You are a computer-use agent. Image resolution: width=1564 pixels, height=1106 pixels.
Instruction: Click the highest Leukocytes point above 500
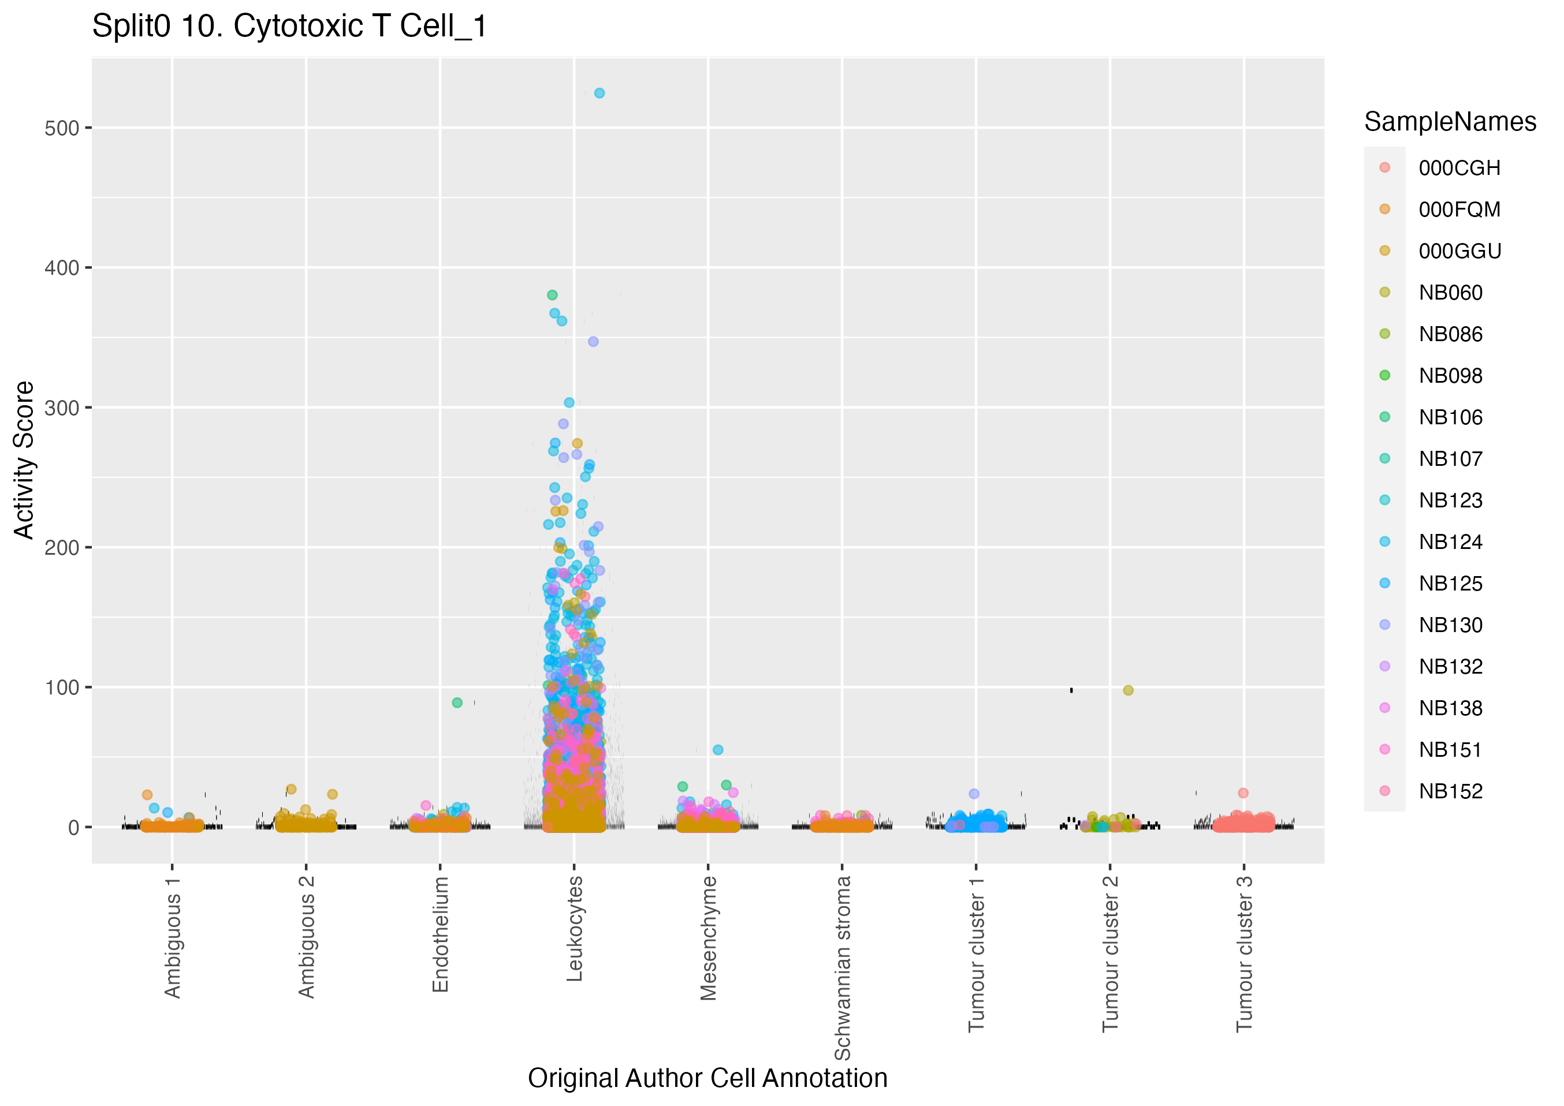point(599,94)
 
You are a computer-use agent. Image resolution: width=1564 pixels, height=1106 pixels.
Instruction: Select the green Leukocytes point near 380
point(553,295)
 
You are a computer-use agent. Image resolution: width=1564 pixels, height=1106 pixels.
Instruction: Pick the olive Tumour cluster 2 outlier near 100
point(1128,690)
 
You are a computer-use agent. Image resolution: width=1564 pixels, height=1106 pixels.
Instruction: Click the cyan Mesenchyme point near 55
point(718,750)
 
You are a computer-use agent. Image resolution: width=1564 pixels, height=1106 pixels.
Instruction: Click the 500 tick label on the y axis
point(61,128)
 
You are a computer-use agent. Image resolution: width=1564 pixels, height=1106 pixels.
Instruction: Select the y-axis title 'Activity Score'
point(24,461)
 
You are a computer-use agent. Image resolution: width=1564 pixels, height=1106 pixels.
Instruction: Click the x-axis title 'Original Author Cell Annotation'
point(707,1078)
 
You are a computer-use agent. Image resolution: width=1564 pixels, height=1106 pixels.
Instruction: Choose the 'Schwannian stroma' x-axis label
point(843,967)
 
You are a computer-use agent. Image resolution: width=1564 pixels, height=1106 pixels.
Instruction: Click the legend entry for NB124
point(1450,542)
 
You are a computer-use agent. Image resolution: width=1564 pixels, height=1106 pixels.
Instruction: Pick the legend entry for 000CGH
point(1459,168)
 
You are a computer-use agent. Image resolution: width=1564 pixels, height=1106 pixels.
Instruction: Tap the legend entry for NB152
point(1450,791)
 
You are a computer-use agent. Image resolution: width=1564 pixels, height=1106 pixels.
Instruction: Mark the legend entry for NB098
point(1450,376)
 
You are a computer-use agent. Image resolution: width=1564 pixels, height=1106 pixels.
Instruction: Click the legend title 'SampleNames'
point(1450,122)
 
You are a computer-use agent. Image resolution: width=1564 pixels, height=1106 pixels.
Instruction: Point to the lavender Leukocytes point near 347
point(593,342)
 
